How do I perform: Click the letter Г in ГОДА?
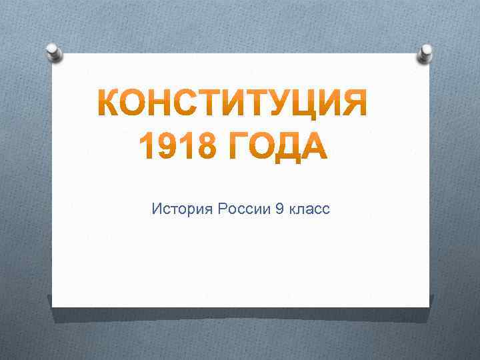click(236, 147)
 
